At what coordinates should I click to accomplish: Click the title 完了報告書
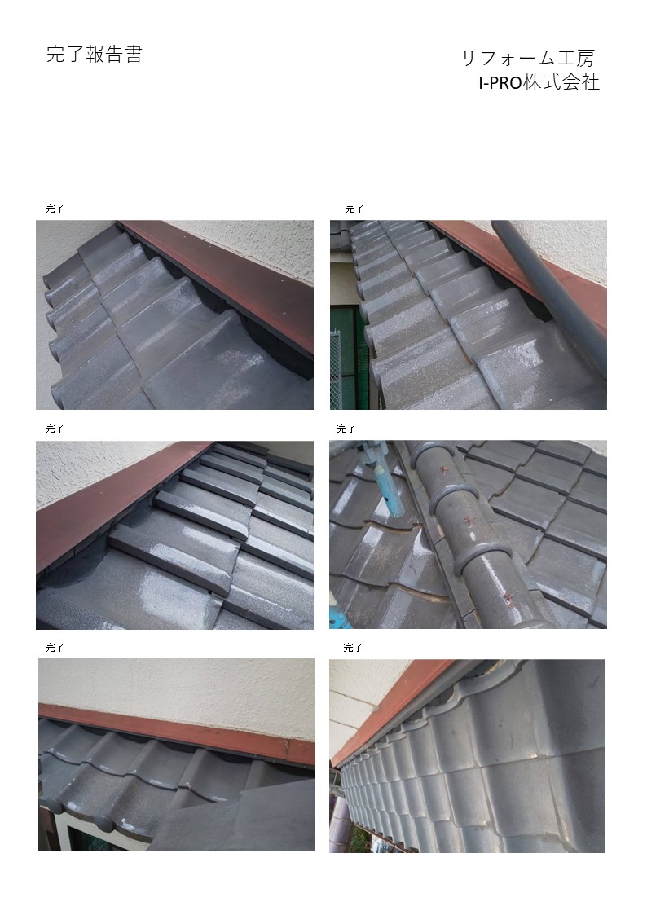point(95,55)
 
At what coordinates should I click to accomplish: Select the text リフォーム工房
point(528,59)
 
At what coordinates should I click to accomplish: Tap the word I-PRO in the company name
point(500,83)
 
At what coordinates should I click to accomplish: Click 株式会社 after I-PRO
point(561,82)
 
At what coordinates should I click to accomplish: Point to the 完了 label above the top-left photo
point(55,209)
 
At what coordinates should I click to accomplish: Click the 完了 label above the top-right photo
point(354,209)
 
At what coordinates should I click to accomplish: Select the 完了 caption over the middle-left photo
point(55,429)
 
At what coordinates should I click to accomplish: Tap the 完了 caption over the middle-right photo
point(346,429)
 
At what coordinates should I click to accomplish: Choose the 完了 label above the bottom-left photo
point(55,648)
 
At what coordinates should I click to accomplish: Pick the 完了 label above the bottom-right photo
point(353,648)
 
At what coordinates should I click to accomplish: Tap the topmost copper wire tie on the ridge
point(442,468)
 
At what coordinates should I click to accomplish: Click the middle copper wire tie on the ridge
point(469,521)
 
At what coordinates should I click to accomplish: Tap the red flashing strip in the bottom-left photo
point(176,733)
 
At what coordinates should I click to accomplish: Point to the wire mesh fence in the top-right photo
point(335,367)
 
